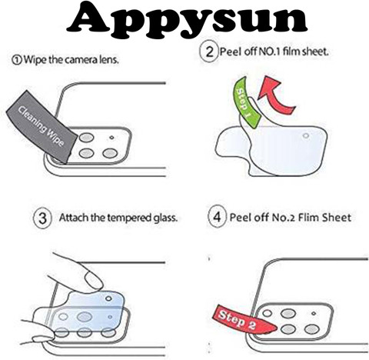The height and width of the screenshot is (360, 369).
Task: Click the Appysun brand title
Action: tap(187, 19)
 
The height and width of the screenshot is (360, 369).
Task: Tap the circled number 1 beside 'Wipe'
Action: tap(17, 61)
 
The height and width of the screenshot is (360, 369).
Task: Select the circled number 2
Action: tap(209, 52)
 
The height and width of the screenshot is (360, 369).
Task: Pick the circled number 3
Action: tap(42, 218)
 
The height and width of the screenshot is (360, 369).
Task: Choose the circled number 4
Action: tap(217, 217)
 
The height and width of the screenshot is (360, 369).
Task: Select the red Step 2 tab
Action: tap(244, 321)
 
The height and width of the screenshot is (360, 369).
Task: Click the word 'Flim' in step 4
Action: tap(308, 218)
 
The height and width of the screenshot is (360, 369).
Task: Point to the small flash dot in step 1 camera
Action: tap(111, 138)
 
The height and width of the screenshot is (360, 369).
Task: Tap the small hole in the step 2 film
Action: tap(306, 135)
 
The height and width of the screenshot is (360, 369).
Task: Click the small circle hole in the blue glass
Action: tap(108, 298)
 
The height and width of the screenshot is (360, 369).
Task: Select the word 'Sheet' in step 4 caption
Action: tap(337, 218)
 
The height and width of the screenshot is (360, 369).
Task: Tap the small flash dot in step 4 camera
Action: tap(314, 313)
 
